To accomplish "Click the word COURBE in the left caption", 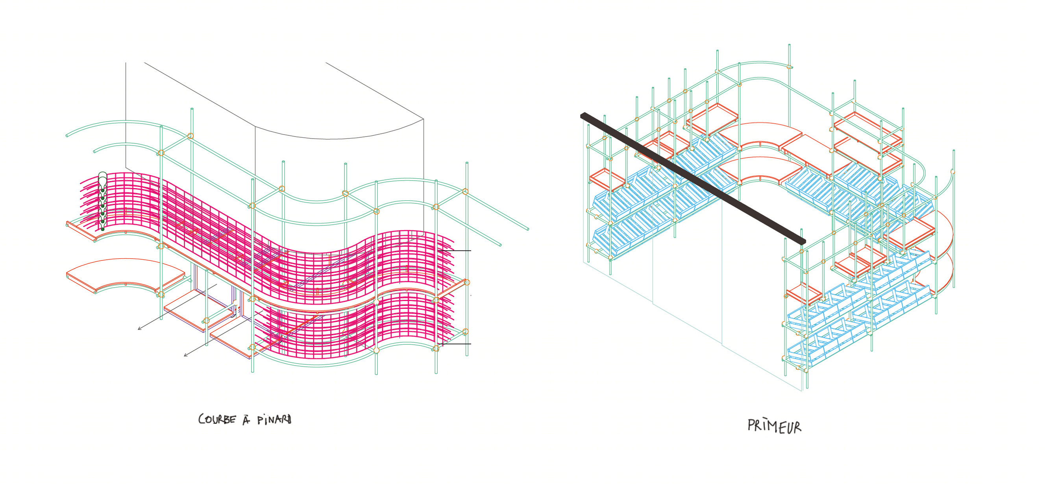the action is [216, 419].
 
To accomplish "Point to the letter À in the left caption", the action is [246, 419].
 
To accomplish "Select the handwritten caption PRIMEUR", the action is [775, 426].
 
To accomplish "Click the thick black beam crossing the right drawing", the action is [693, 179].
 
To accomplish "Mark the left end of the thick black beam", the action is [582, 115].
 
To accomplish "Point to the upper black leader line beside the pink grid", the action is [455, 251].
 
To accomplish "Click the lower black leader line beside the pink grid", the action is [455, 344].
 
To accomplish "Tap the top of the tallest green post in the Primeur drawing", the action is [789, 45].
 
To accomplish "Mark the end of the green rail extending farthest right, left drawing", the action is [527, 229].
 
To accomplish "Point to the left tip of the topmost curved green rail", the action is [67, 135].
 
